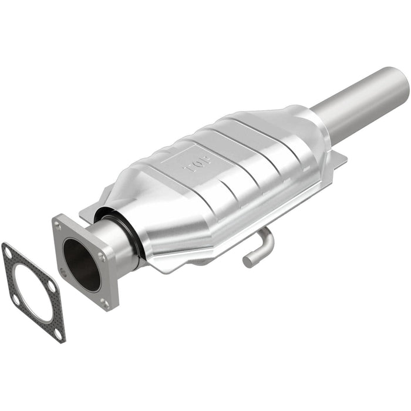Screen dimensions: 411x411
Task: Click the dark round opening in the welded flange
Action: point(82,264)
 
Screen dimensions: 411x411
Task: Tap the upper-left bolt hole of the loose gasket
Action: point(8,251)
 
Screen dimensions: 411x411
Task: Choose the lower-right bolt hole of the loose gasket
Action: point(58,333)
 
